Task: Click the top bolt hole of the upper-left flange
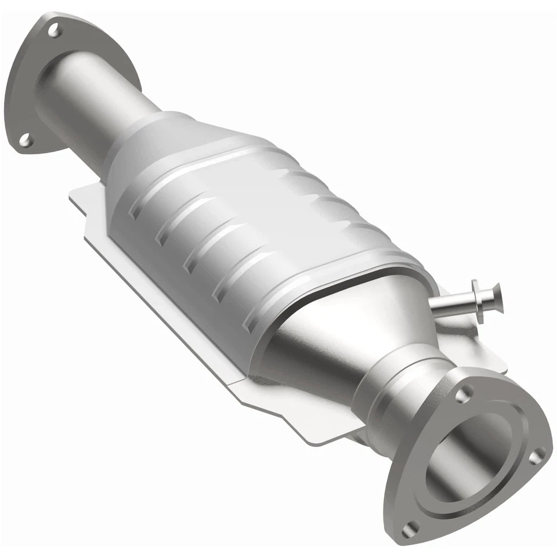[x=54, y=30]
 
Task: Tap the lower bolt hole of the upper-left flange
[x=24, y=139]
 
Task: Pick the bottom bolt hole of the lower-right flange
[x=411, y=527]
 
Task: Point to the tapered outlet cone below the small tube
[x=342, y=342]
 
